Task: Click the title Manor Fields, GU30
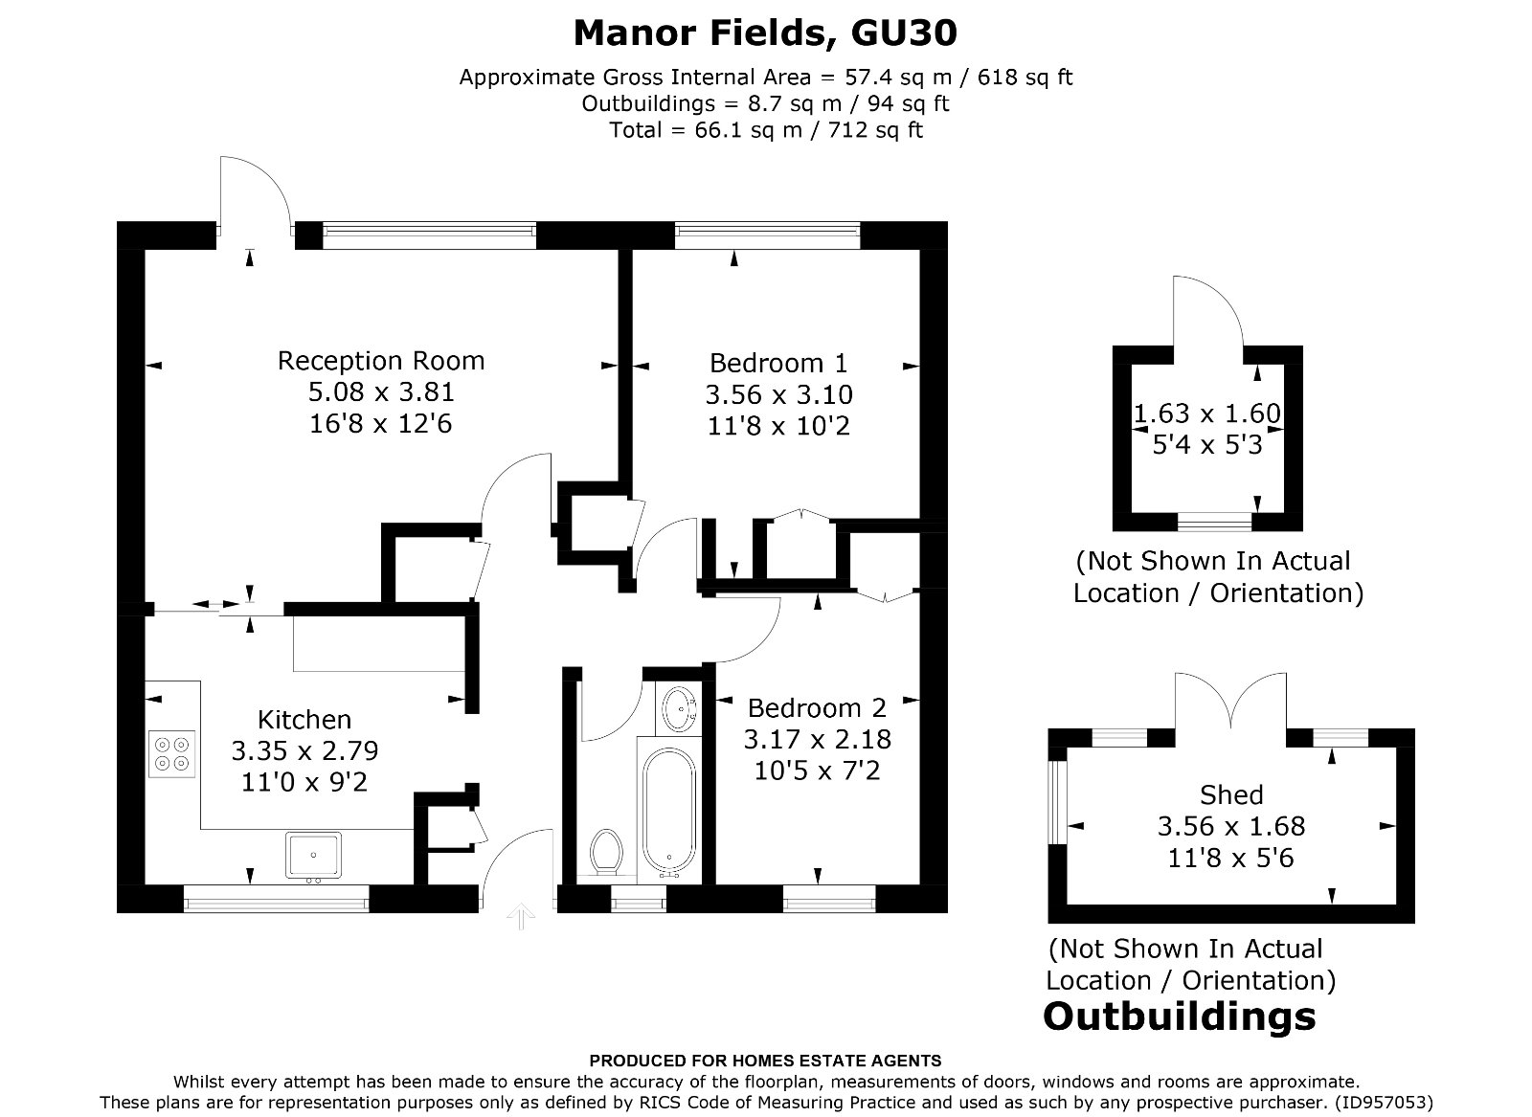(765, 34)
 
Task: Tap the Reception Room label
(381, 361)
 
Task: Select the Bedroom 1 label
(778, 364)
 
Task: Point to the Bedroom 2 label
(817, 708)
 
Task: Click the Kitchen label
(304, 720)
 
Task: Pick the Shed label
(1231, 795)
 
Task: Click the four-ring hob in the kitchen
(172, 753)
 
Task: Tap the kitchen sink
(313, 855)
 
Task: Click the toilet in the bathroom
(605, 850)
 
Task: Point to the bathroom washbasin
(679, 707)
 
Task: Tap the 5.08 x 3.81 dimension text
(381, 392)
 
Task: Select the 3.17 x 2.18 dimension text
(817, 740)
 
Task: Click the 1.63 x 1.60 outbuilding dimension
(1206, 413)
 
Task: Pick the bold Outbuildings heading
(1179, 1016)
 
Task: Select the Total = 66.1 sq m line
(765, 129)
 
